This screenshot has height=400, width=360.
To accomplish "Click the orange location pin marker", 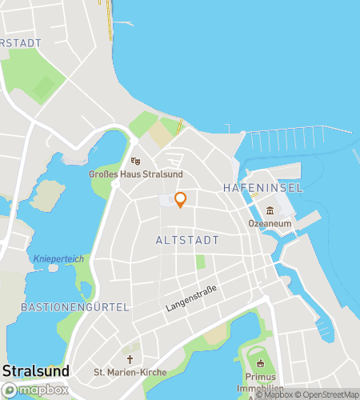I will coord(180,200).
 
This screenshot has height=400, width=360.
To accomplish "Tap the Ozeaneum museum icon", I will coord(270,210).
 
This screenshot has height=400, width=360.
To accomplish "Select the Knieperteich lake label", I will coord(54,258).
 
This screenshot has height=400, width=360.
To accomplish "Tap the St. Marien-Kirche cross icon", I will coord(130,360).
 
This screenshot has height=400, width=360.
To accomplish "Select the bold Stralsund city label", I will coord(36,371).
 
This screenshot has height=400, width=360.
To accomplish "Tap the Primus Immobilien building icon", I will coord(260,364).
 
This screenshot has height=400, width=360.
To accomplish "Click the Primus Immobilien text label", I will coord(262,382).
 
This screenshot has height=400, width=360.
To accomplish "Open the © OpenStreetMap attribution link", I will coord(328,394).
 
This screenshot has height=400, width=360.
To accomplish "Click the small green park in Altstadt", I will coord(200,262).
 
